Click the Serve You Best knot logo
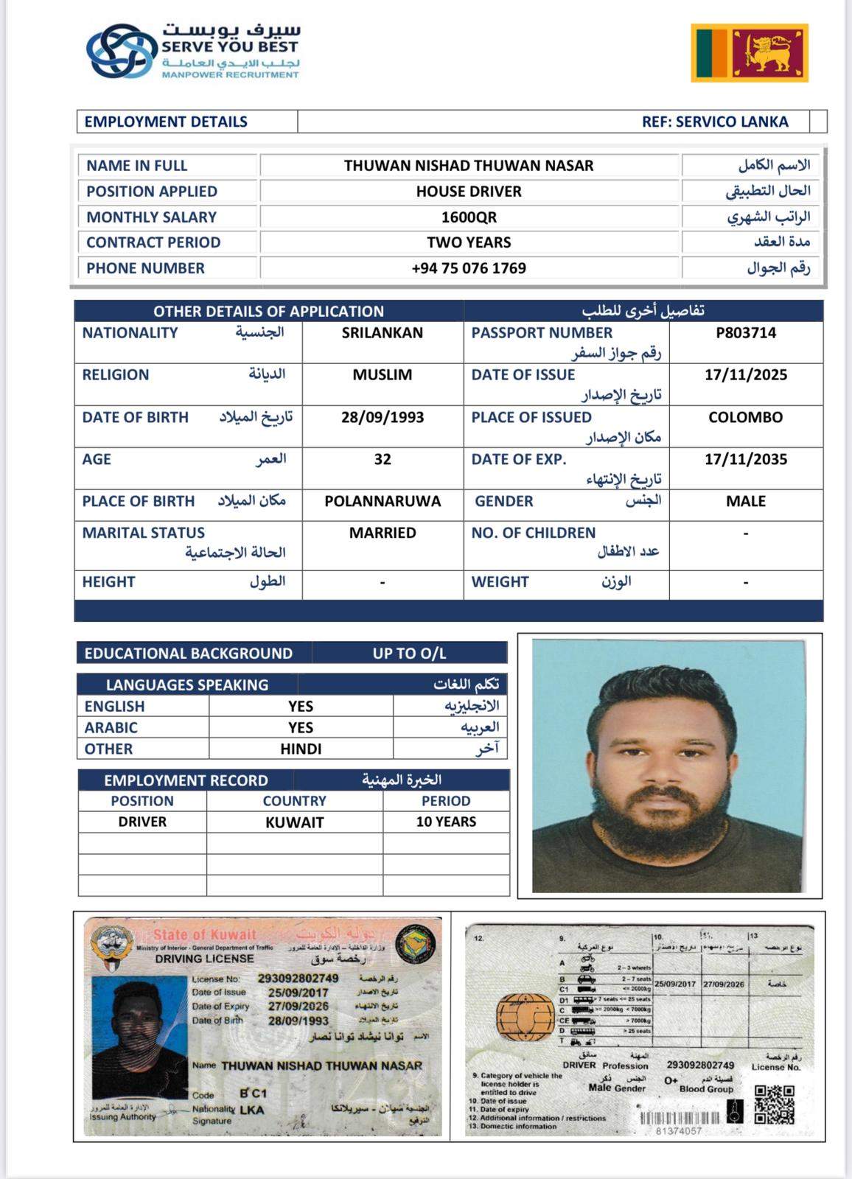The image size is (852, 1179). [122, 50]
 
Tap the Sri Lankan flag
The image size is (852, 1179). [750, 52]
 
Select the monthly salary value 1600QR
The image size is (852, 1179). [469, 217]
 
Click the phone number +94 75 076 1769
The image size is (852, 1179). [469, 268]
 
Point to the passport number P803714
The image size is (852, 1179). [746, 333]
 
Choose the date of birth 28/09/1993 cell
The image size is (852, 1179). [383, 418]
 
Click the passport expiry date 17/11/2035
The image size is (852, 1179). [746, 460]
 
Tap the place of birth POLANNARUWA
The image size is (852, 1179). [383, 502]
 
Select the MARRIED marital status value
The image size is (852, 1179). [383, 533]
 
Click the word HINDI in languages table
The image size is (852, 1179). [301, 749]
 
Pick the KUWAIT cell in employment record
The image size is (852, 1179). [294, 822]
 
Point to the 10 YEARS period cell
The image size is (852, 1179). [446, 822]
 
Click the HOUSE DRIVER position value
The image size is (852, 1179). [469, 192]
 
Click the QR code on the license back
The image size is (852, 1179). [775, 1103]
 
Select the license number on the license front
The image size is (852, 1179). [298, 979]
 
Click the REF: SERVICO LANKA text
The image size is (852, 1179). [715, 122]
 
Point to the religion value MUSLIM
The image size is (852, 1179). [383, 375]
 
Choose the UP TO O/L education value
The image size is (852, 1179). [409, 654]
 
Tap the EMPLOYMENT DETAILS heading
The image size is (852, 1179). [166, 122]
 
